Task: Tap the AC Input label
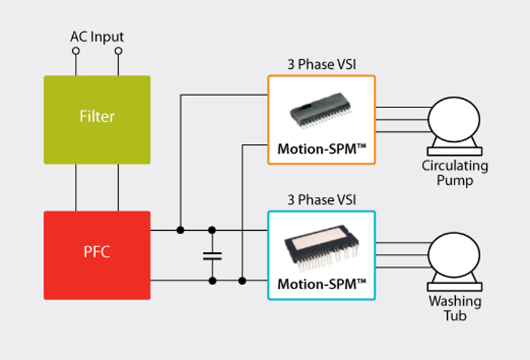pyautogui.click(x=97, y=37)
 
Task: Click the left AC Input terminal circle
pyautogui.click(x=76, y=50)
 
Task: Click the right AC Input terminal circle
pyautogui.click(x=119, y=50)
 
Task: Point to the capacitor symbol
pyautogui.click(x=212, y=255)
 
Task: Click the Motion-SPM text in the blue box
pyautogui.click(x=321, y=285)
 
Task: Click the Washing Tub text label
pyautogui.click(x=455, y=309)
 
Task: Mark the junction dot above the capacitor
pyautogui.click(x=212, y=230)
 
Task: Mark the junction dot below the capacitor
pyautogui.click(x=212, y=281)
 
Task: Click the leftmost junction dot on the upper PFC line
pyautogui.click(x=180, y=230)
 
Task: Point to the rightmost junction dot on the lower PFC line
pyautogui.click(x=242, y=281)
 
